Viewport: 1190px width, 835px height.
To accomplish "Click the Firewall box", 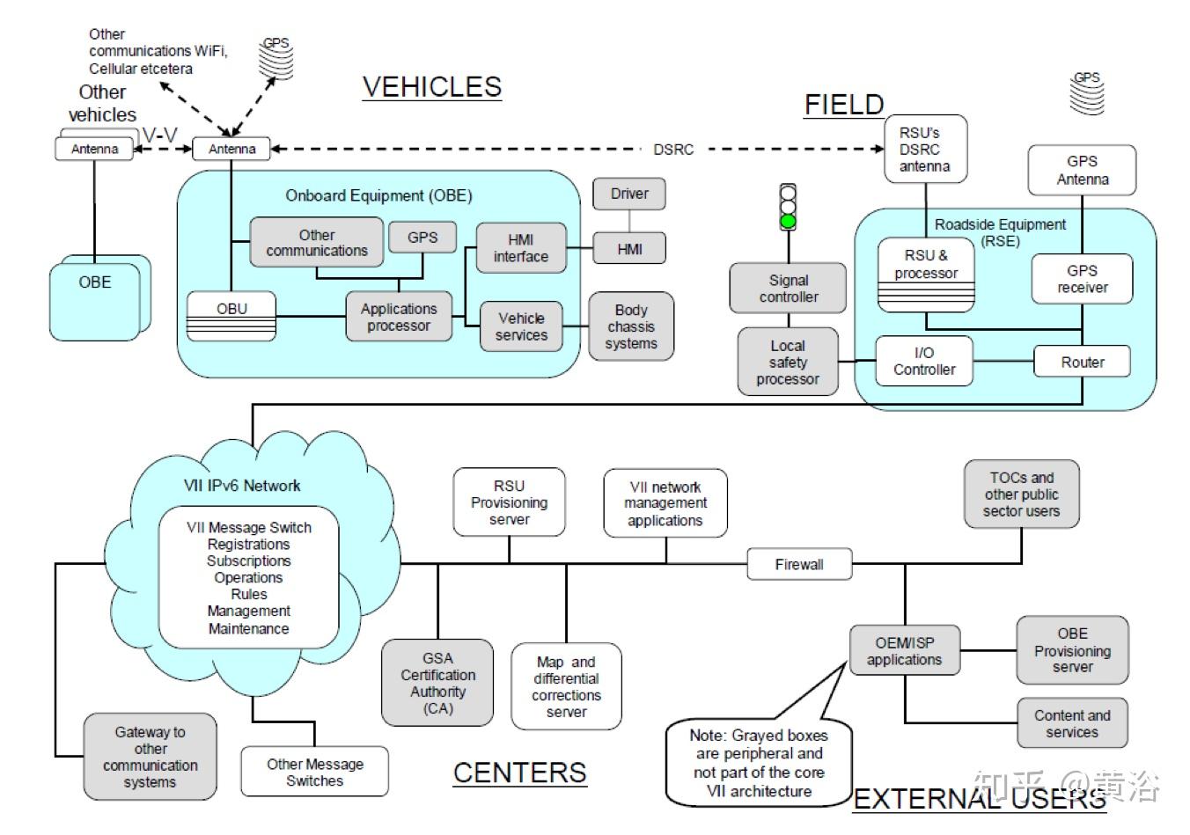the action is click(799, 564).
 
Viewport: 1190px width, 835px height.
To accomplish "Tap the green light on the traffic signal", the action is click(788, 221).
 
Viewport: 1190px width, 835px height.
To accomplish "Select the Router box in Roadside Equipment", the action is click(1082, 362).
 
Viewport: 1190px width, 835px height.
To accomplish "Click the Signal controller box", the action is click(788, 288).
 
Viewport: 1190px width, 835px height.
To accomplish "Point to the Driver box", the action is click(629, 194).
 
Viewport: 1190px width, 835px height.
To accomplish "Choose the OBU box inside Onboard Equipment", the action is click(231, 316).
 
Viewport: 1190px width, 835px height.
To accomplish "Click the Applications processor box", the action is click(399, 317).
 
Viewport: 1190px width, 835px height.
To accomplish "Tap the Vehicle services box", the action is click(521, 326).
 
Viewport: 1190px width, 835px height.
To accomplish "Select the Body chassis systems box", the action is click(631, 326).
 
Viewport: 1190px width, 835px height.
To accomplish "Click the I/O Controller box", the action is click(924, 362).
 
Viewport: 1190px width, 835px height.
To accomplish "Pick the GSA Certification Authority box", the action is click(437, 683).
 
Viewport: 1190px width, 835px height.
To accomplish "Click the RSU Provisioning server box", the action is click(509, 502).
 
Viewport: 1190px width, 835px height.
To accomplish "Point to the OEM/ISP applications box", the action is click(905, 651).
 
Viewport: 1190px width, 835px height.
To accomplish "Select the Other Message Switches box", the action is click(315, 772).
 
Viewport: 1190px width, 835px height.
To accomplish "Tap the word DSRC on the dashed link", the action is click(673, 150).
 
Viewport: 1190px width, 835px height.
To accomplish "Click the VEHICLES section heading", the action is click(432, 86).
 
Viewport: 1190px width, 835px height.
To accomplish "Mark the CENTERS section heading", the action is click(520, 773).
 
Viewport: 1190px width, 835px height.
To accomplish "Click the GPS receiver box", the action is click(1082, 279).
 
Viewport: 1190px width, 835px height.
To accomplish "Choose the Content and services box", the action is click(1073, 723).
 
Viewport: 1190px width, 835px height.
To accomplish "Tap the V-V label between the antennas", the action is click(160, 135).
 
